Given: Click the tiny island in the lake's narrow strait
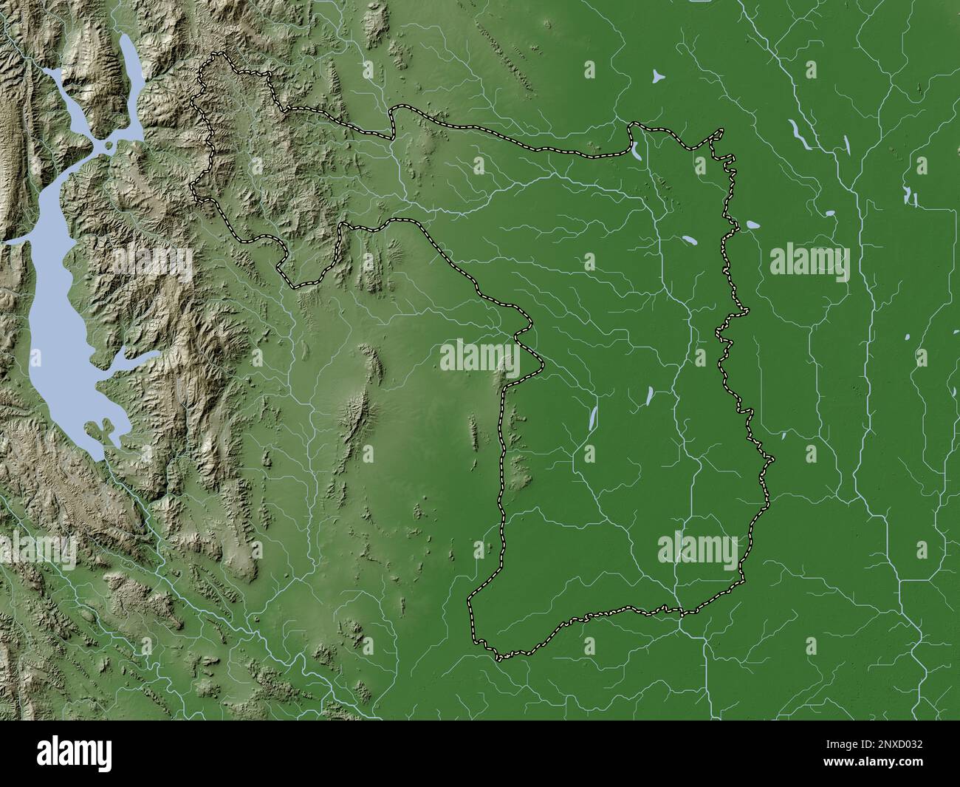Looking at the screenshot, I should click(109, 145).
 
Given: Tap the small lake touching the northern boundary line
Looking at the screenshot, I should click(634, 153).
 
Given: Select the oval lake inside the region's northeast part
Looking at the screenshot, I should click(690, 241).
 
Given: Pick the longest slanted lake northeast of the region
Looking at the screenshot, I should click(800, 133).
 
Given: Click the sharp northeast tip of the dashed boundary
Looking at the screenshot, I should click(721, 131).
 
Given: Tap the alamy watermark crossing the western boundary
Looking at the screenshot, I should click(480, 356).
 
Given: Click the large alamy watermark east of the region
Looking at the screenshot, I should click(810, 262).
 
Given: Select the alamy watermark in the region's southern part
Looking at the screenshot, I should click(697, 548).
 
